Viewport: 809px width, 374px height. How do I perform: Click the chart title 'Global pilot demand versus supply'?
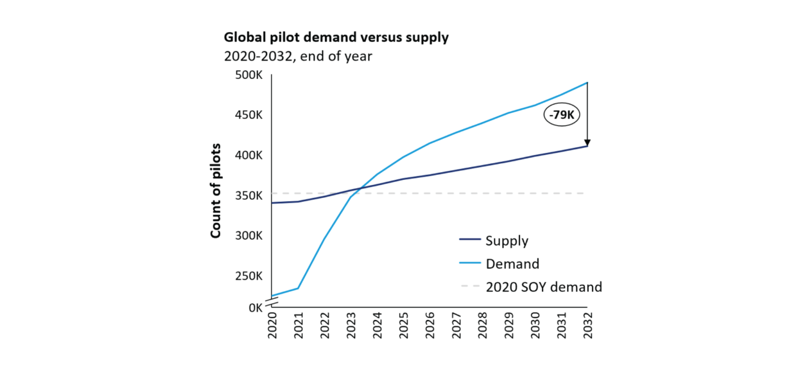coord(336,37)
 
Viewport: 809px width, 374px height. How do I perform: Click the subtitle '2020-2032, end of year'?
coord(298,56)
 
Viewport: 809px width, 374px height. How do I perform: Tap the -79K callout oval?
coord(562,116)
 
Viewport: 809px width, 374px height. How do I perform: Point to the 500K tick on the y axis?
coord(249,75)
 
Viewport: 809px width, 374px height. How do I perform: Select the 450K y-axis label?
coord(249,115)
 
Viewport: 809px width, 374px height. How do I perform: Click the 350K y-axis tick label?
coord(249,195)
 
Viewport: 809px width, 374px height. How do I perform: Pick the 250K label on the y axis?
coord(249,276)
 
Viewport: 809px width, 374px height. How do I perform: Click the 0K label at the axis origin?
coord(255,308)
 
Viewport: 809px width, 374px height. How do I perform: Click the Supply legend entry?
coord(507,241)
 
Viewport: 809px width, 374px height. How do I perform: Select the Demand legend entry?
coord(512,263)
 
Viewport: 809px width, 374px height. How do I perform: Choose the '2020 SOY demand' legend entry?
coord(543,287)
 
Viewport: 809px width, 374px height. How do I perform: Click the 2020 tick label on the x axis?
coord(272,327)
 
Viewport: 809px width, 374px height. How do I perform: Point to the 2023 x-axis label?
coord(351,327)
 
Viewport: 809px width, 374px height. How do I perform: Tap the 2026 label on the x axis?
coord(430,327)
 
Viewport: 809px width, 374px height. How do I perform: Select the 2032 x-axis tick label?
coord(587,327)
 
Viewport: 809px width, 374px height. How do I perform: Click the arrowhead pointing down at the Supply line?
coord(587,143)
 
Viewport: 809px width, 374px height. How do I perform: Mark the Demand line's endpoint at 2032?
coord(587,82)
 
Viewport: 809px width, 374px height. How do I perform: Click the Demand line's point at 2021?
coord(298,288)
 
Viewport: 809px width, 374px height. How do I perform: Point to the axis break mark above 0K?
coord(272,299)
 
